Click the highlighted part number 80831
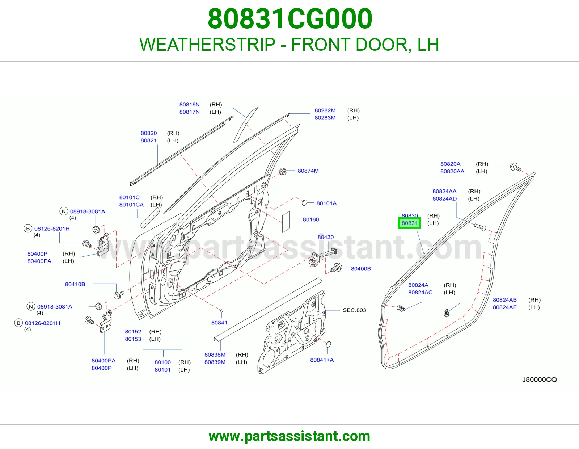[x=410, y=223]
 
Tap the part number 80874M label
[x=308, y=171]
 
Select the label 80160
[x=311, y=219]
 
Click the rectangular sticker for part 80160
[x=286, y=222]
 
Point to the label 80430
[x=326, y=237]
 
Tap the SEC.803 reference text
[x=354, y=310]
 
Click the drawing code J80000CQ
[x=539, y=379]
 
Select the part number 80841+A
[x=322, y=360]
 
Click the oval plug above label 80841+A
[x=328, y=344]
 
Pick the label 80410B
[x=75, y=284]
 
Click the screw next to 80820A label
[x=515, y=167]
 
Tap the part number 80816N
[x=190, y=105]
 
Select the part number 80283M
[x=325, y=118]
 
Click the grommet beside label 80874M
[x=283, y=171]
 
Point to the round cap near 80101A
[x=304, y=203]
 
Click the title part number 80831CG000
[x=290, y=19]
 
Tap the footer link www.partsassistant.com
[x=289, y=436]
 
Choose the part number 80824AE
[x=505, y=307]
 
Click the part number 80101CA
[x=131, y=205]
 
